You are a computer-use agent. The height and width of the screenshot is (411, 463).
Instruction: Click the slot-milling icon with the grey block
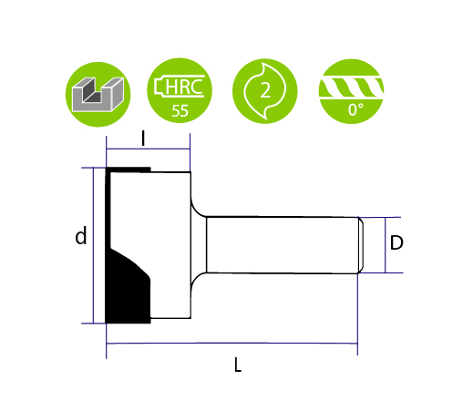click(98, 94)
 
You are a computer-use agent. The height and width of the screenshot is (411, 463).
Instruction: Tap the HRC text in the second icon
click(184, 87)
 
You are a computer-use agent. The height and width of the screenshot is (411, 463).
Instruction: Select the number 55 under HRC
click(180, 111)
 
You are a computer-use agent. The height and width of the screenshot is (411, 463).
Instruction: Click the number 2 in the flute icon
click(265, 90)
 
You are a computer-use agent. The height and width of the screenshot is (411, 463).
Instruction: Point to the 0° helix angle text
click(355, 109)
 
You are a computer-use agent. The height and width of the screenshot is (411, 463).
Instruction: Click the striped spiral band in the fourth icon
click(351, 87)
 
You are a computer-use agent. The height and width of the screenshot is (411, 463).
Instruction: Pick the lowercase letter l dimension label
click(143, 139)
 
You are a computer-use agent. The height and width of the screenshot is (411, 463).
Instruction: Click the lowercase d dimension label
click(81, 235)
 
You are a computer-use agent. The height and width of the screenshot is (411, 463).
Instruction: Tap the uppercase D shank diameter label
click(396, 242)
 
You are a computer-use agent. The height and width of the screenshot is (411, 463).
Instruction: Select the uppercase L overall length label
click(238, 365)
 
